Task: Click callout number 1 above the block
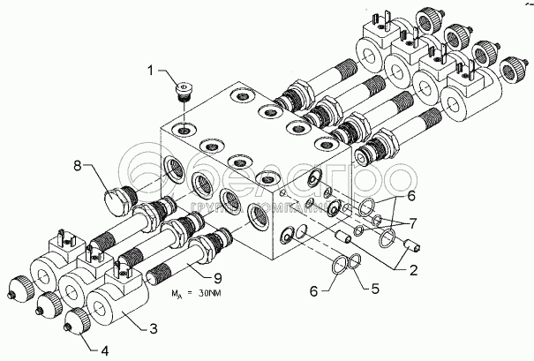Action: (x=151, y=69)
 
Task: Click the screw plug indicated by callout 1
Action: (x=183, y=91)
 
